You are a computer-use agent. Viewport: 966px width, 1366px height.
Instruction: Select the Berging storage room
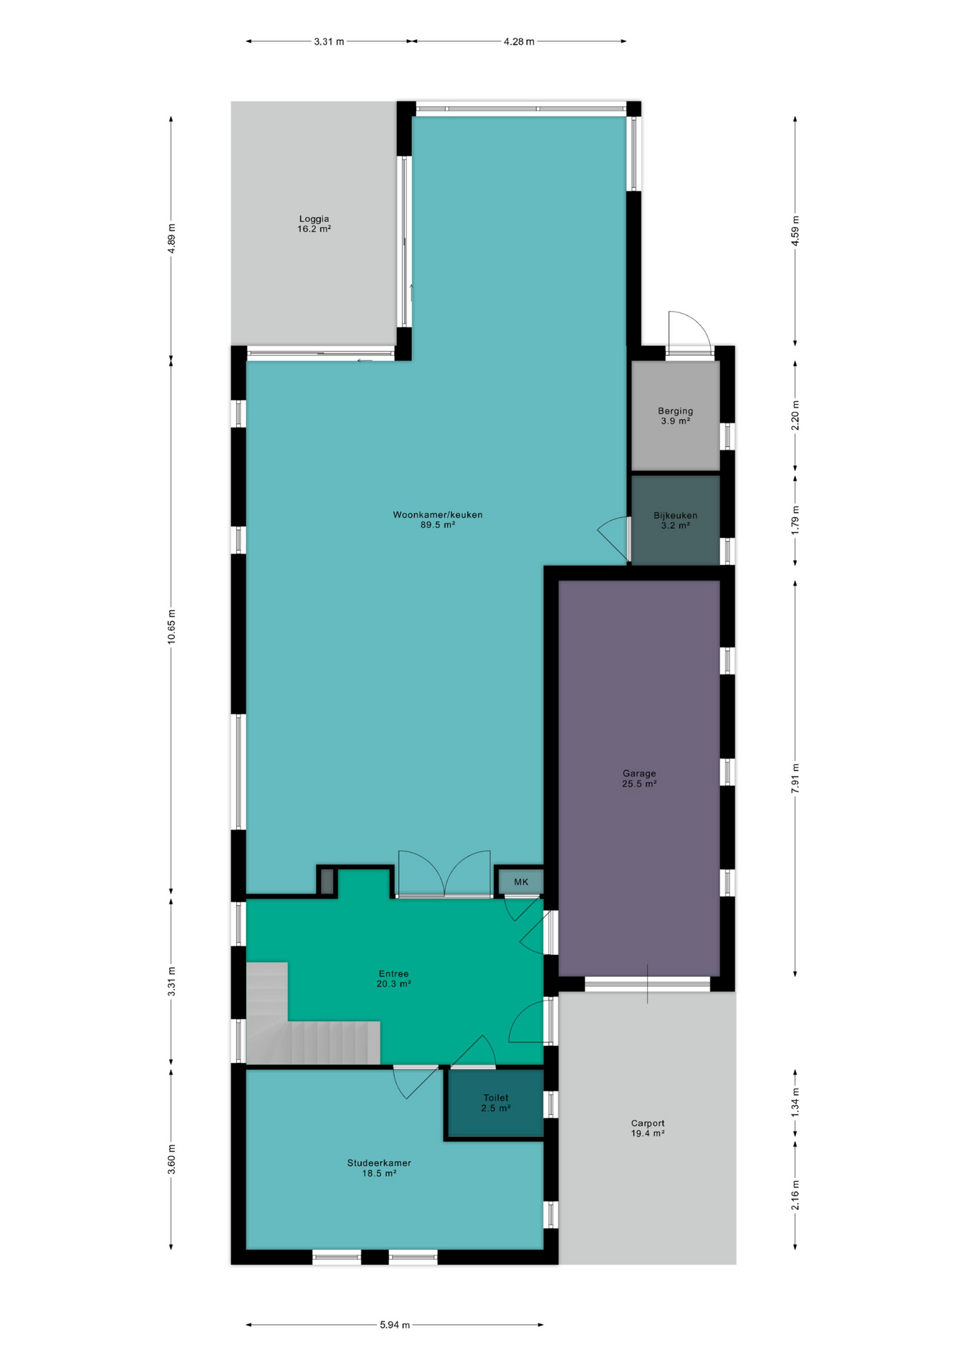click(675, 415)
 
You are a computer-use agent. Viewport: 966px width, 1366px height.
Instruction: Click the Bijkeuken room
click(675, 520)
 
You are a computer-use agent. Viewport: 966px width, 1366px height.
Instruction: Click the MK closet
click(521, 881)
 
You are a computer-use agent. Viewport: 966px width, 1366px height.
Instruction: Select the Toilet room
click(495, 1103)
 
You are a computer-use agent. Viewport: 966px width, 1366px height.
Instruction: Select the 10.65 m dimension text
click(171, 626)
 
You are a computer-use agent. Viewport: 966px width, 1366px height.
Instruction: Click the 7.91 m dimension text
click(795, 778)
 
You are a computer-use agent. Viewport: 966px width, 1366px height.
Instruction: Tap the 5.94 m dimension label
click(395, 1325)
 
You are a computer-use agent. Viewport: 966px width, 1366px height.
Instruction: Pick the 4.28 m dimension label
click(519, 41)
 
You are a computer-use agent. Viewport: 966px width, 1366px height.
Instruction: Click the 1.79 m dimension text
click(795, 519)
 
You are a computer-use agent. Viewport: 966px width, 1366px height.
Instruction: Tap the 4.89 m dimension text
click(171, 238)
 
